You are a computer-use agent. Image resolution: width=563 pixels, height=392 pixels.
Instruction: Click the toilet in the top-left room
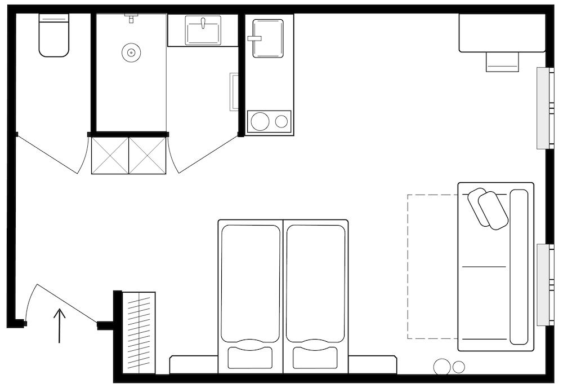pos(54,37)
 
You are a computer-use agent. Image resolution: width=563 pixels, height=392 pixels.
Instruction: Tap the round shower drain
pos(131,53)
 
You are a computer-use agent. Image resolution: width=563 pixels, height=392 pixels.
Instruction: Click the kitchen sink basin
pos(268,38)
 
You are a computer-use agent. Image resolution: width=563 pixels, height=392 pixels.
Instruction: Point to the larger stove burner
pos(261,121)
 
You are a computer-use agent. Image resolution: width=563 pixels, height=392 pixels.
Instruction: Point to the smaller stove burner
pos(281,121)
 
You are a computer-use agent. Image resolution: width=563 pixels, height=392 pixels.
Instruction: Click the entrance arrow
pos(60,325)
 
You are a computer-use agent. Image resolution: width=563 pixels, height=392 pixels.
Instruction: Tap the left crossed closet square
pos(110,155)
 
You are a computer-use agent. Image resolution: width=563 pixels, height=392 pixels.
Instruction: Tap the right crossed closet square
pos(148,155)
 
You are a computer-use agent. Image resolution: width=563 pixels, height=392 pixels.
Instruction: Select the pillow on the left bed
pos(249,357)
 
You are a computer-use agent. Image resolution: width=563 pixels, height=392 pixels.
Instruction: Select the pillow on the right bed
pos(315,357)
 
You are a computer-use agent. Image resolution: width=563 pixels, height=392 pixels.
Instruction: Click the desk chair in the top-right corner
pos(502,61)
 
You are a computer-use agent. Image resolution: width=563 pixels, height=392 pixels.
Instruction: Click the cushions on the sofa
pos(487,208)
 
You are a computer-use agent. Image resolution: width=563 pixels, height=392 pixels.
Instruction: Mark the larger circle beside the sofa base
pos(442,367)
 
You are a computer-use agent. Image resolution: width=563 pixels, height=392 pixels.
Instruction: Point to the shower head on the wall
pos(131,19)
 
